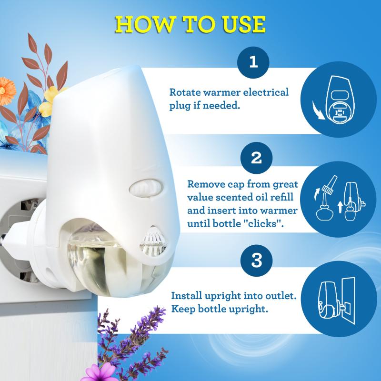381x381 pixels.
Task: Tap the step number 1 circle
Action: pyautogui.click(x=253, y=62)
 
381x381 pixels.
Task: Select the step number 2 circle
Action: pyautogui.click(x=256, y=158)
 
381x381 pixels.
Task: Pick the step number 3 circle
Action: pyautogui.click(x=256, y=260)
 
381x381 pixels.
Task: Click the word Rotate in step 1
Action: pyautogui.click(x=185, y=92)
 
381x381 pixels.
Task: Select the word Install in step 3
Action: pyautogui.click(x=186, y=296)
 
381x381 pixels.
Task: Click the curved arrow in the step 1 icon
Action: pyautogui.click(x=318, y=110)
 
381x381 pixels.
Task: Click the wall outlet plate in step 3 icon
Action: pyautogui.click(x=348, y=301)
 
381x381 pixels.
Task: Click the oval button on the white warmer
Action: pyautogui.click(x=146, y=188)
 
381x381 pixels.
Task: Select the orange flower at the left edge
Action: pyautogui.click(x=7, y=91)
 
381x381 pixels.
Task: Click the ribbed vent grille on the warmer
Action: pyautogui.click(x=153, y=241)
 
